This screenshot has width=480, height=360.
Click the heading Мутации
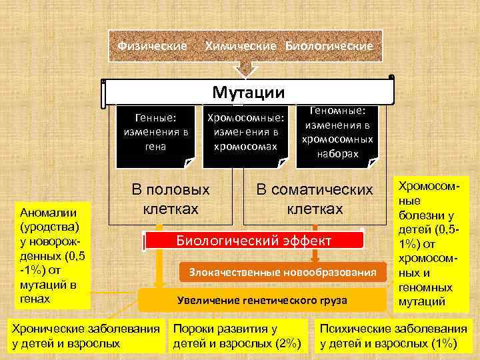[x=248, y=92]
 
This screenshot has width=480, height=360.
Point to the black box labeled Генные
[x=155, y=135]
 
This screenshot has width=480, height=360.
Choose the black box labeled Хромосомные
[x=246, y=135]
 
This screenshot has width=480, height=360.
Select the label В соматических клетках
[x=315, y=199]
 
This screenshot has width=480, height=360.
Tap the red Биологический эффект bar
[x=253, y=241]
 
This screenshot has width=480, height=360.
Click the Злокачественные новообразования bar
[x=283, y=272]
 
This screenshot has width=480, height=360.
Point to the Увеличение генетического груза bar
[x=262, y=300]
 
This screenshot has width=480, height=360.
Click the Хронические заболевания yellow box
[x=85, y=336]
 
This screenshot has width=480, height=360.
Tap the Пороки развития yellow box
[x=237, y=336]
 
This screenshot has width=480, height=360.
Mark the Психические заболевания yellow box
[x=393, y=336]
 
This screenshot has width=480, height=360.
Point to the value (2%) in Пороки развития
[x=285, y=343]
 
